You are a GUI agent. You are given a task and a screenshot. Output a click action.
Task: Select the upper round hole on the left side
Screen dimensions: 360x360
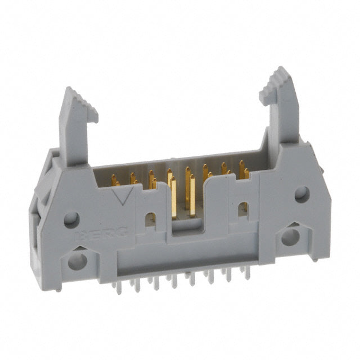[x=70, y=218]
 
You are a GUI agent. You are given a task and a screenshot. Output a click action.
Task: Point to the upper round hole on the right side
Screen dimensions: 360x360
[x=301, y=195]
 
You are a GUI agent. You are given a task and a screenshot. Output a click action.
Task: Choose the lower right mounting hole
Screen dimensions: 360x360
[x=290, y=236]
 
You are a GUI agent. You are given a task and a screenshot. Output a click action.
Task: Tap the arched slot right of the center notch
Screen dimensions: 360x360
[x=243, y=208]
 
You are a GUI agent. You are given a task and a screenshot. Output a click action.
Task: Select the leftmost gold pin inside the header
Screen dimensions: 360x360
[x=114, y=180]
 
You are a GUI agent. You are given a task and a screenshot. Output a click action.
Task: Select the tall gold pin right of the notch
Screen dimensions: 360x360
[x=192, y=195]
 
